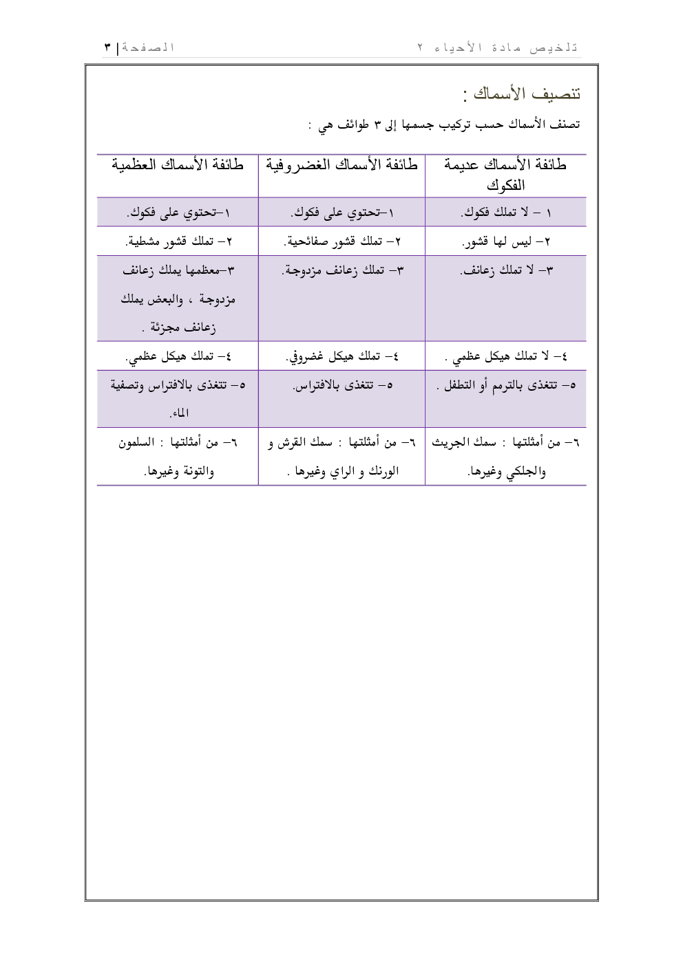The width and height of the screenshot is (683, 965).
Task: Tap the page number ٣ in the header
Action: [107, 47]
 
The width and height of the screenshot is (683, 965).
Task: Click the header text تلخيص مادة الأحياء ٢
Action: [498, 47]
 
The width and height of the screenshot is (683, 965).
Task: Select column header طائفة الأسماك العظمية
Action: [178, 166]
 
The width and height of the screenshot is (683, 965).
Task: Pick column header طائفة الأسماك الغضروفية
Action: [341, 166]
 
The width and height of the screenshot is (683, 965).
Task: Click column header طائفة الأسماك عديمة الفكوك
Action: [505, 175]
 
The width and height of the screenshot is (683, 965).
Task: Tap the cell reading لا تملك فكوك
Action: [505, 213]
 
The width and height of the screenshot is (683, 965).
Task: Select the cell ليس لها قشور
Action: [505, 242]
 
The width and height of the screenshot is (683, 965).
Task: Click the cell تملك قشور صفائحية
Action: [342, 242]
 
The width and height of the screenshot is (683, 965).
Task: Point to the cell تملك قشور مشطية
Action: [178, 242]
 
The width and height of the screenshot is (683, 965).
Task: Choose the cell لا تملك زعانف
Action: [505, 271]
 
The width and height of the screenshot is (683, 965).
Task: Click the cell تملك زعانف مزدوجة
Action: [342, 271]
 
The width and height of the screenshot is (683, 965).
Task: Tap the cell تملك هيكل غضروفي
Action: [342, 357]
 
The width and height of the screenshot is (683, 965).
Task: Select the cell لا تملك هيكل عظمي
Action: [505, 357]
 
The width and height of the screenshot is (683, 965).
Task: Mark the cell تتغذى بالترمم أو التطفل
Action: [505, 386]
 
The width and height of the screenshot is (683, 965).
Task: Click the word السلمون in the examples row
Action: [136, 443]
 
